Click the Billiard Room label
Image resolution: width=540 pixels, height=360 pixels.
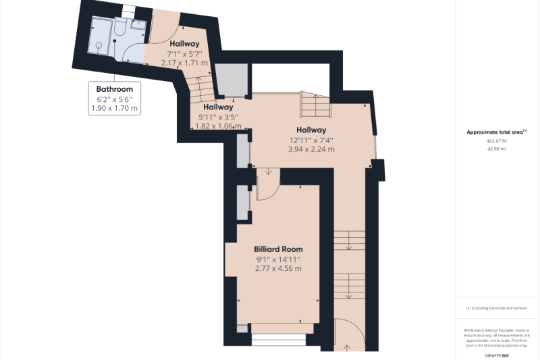point(278,249)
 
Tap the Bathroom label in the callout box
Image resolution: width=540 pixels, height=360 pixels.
point(114,89)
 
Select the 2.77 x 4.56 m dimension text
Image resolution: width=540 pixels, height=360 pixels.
point(278,268)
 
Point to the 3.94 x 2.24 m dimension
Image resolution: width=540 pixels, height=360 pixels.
point(311,149)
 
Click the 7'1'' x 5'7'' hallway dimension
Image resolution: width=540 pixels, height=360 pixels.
point(184,54)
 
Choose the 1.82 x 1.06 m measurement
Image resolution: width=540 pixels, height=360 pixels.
point(218,126)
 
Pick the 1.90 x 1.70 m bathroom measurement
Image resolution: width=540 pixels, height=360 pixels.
point(114,108)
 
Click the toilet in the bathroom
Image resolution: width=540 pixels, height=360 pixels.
point(119,26)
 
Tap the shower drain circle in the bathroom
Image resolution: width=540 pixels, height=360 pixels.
point(99,45)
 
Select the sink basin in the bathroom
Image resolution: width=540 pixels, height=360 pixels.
point(140,24)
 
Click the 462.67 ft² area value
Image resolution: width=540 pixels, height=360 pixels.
point(496,141)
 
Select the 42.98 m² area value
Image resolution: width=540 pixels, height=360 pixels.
point(496,149)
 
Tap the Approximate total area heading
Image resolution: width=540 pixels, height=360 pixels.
point(496,132)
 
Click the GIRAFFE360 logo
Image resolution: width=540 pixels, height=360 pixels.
point(496,355)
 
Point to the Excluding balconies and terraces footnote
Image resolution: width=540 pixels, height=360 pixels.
point(496,308)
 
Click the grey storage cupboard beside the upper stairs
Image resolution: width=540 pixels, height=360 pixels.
point(232,80)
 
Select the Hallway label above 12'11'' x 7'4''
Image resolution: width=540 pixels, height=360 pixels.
point(311,130)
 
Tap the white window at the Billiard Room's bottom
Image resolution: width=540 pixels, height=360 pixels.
point(278,340)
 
